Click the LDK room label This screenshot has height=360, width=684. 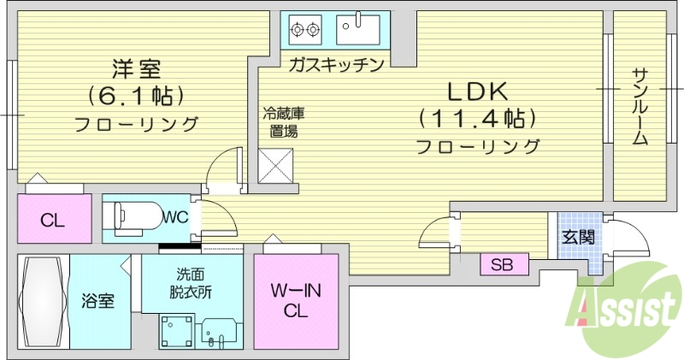[477, 89]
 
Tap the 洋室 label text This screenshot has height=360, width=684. [136, 68]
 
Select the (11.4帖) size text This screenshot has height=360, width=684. [476, 117]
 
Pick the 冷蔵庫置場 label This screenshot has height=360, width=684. [284, 121]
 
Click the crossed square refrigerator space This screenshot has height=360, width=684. [276, 164]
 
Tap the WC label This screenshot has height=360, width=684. [175, 216]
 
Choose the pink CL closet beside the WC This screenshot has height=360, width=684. [53, 219]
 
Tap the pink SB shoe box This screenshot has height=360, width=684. [501, 265]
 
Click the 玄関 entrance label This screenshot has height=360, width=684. [578, 237]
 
